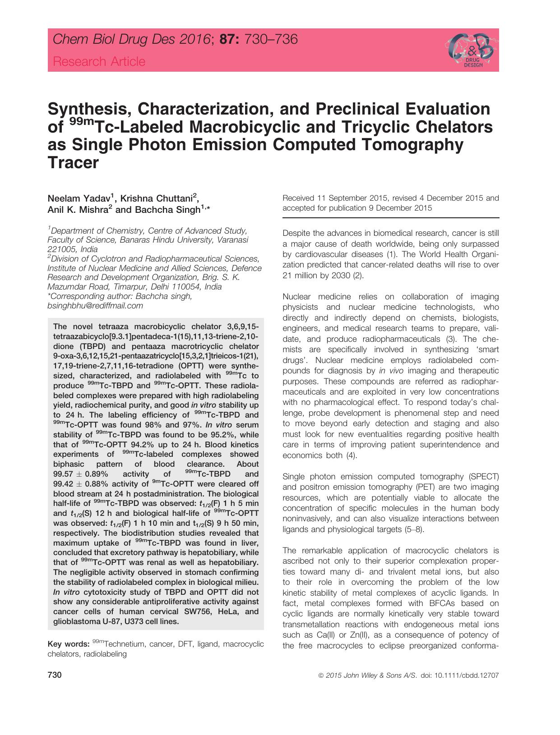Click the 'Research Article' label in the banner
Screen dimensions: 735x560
[99, 62]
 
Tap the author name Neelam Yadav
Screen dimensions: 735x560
[79, 199]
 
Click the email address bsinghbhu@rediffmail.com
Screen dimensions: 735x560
[95, 306]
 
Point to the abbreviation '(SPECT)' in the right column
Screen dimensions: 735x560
[484, 477]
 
